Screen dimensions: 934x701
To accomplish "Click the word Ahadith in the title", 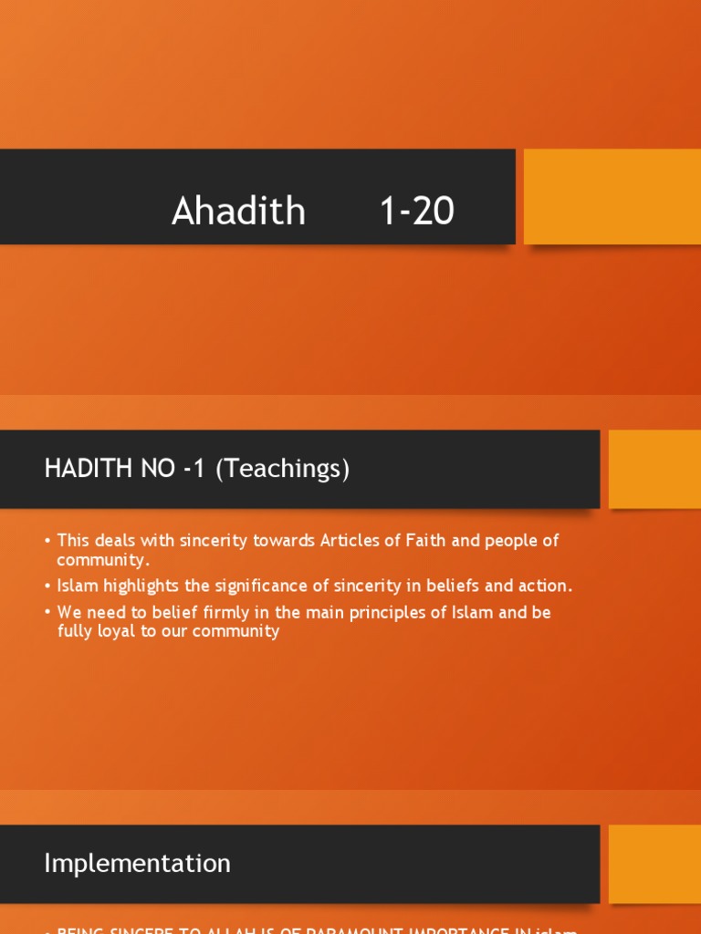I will [238, 212].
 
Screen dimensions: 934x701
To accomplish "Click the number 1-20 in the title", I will [416, 212].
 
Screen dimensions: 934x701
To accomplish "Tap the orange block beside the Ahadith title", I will [612, 196].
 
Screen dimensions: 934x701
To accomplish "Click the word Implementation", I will [137, 863].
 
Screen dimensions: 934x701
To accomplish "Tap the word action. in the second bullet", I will [546, 586].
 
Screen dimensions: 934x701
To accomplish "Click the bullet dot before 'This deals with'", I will [47, 541].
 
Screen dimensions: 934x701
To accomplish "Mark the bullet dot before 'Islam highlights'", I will [47, 586].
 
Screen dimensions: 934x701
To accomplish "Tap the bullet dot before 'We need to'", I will [47, 613].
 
